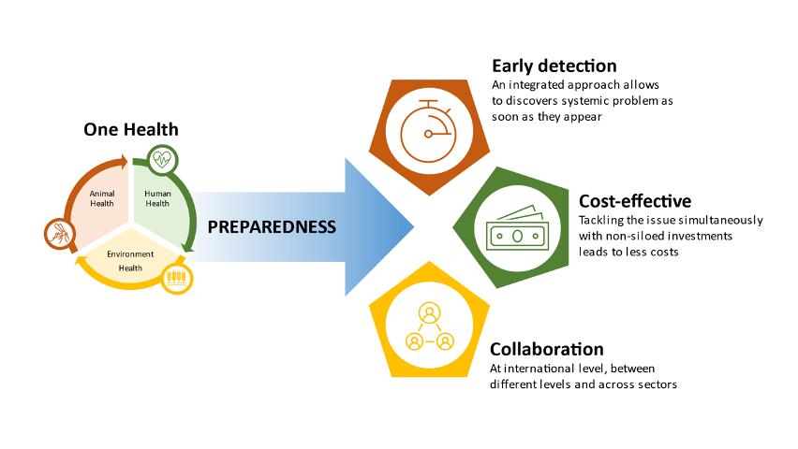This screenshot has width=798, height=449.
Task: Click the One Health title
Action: tap(131, 130)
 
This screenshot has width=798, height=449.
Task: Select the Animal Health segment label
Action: tap(102, 198)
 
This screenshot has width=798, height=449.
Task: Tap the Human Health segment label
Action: tap(157, 198)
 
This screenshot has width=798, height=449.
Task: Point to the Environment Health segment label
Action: tap(130, 261)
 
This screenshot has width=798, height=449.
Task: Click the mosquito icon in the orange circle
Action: tap(60, 234)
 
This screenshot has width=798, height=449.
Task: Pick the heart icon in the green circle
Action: tap(162, 160)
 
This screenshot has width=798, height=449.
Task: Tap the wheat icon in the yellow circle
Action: tap(177, 278)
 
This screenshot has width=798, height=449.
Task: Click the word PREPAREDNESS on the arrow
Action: tap(272, 226)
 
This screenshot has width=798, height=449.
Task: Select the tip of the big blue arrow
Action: tap(414, 226)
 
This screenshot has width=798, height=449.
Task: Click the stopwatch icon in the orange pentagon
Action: tap(429, 131)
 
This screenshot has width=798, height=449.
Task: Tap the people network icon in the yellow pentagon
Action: tap(430, 327)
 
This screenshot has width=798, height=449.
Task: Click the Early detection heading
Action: tap(554, 66)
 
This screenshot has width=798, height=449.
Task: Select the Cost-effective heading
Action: tap(635, 201)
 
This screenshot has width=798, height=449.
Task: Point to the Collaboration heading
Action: tap(547, 349)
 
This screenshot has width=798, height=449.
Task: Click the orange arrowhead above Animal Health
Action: tap(122, 161)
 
